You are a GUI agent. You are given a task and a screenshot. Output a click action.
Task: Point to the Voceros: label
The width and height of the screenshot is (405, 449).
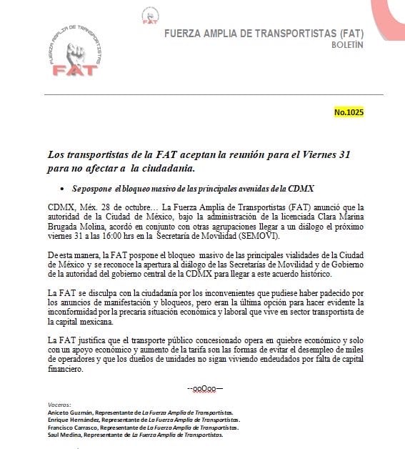coord(58,405)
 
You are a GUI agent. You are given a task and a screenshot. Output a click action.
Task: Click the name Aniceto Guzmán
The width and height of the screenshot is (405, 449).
coord(69,413)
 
